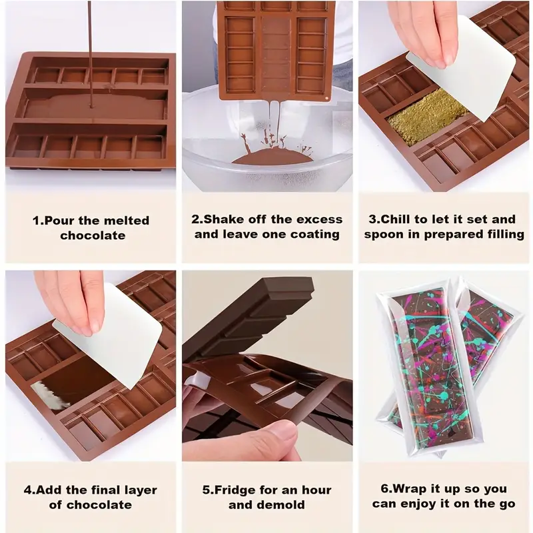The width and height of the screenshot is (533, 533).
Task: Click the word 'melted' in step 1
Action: pos(127,221)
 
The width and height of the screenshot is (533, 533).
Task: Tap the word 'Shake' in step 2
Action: pos(224,219)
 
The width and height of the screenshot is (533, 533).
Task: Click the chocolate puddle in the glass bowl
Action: pos(272,157)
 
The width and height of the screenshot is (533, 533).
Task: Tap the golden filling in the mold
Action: pos(429,115)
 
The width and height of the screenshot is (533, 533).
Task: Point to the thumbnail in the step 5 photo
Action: pos(280,432)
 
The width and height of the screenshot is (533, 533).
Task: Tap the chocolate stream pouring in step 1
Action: pos(91,55)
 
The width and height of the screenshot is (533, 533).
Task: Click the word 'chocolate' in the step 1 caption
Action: pos(93,236)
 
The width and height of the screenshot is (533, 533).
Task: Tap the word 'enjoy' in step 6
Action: pos(426,504)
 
